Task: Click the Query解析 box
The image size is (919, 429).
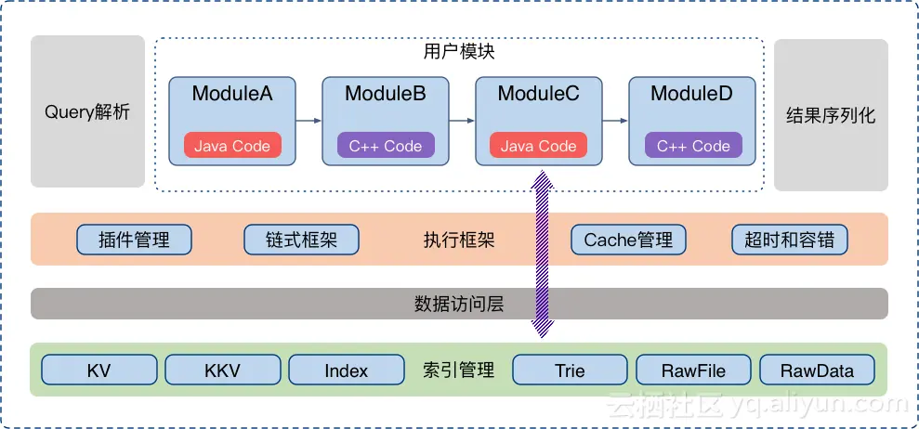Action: pos(87,112)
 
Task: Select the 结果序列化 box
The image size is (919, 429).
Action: pos(831,115)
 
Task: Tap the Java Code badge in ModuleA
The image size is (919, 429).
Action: pos(232,146)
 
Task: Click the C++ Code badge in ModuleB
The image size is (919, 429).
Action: pos(385,146)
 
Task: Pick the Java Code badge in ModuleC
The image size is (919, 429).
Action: pos(538,146)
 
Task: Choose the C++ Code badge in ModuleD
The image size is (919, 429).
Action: pos(692,146)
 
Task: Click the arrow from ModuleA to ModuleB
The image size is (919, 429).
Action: pos(309,121)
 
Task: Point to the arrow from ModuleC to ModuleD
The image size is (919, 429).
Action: pos(615,121)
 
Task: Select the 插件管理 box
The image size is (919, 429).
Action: pos(134,240)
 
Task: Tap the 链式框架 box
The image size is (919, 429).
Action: pos(301,240)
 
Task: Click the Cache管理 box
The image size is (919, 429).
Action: pos(628,240)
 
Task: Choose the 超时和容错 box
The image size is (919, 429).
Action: pos(790,240)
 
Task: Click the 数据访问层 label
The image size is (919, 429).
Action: pos(458,304)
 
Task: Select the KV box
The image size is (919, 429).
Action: pos(98,370)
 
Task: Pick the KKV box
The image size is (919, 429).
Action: pos(222,370)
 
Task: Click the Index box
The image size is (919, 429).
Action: pos(346,370)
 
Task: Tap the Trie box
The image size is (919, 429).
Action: pos(570,370)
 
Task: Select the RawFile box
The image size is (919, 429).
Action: pos(693,370)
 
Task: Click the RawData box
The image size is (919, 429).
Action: pos(817,370)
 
